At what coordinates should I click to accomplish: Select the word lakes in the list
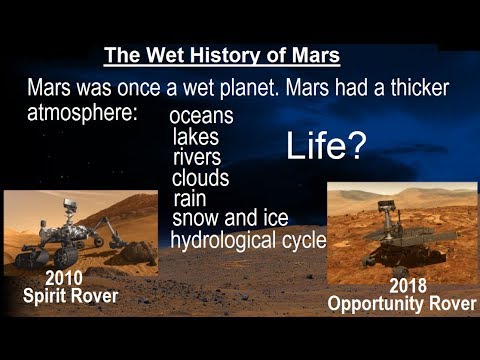point(195,137)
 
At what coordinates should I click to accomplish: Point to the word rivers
point(197,158)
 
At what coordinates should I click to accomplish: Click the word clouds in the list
point(200,178)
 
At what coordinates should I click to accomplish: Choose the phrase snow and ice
point(229,218)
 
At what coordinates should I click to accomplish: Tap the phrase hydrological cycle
point(248,240)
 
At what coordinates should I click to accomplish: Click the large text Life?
point(326,146)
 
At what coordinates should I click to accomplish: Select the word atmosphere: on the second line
point(83,112)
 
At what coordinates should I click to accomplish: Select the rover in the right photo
point(384,240)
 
